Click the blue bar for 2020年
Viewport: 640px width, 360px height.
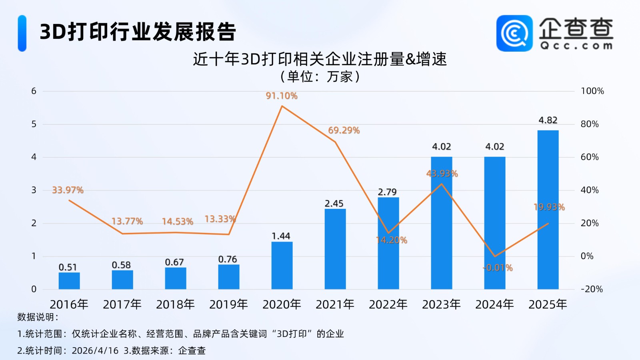pos(282,265)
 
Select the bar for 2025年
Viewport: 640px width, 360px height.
pos(548,210)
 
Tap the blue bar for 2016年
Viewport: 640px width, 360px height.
pos(69,281)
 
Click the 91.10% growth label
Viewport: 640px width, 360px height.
pos(282,96)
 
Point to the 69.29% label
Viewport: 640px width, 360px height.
pos(344,130)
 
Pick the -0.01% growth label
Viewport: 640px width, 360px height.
pos(498,268)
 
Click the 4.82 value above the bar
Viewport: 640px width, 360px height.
pos(548,120)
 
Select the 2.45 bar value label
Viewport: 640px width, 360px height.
pos(334,204)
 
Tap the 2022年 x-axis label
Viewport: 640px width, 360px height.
pos(388,305)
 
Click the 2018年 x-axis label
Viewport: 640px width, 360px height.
pos(175,305)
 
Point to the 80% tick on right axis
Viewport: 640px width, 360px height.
pos(590,124)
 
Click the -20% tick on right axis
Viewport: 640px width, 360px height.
pos(591,289)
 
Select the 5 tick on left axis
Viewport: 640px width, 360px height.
pos(34,124)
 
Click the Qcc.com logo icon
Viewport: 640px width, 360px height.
pos(514,34)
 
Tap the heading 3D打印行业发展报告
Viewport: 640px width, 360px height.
pos(138,32)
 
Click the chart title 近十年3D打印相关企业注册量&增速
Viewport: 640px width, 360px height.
pos(320,59)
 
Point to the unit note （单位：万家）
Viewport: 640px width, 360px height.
pos(320,76)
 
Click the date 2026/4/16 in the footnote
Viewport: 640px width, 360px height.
pos(95,351)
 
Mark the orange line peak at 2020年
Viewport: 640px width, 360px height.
pos(282,106)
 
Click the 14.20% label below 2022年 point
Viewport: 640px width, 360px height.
pos(392,240)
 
